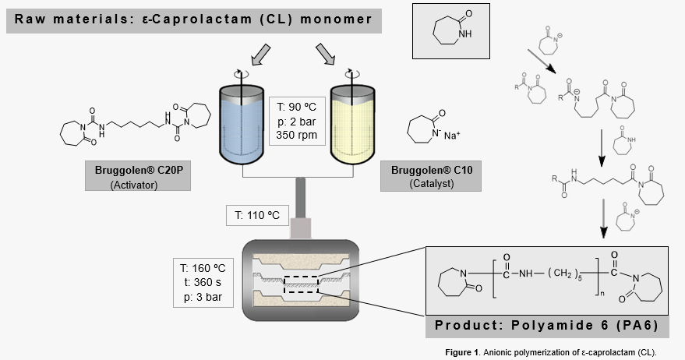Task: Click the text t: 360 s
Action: click(x=204, y=278)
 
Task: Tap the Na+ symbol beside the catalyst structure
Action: click(x=451, y=136)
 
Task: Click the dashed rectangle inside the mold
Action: click(x=300, y=285)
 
